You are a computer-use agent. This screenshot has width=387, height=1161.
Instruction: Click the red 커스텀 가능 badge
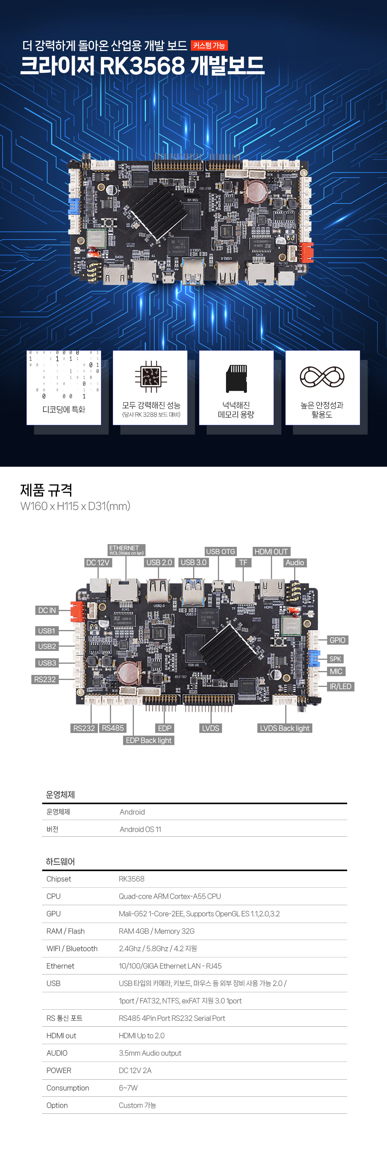209,46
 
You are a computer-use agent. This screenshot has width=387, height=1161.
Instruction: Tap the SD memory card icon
236,378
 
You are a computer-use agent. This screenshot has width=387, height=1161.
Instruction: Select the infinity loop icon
322,377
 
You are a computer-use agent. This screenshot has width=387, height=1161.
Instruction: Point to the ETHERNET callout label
126,550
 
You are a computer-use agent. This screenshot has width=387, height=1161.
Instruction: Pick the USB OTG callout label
220,551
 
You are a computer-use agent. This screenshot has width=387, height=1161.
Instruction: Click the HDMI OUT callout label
271,551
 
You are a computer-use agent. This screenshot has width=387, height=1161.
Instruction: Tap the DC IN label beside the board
47,610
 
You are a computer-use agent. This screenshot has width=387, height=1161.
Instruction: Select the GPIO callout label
337,640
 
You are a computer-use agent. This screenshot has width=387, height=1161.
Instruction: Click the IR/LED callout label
340,686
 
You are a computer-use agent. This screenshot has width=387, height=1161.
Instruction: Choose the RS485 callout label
113,728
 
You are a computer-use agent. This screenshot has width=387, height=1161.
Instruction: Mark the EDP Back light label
148,740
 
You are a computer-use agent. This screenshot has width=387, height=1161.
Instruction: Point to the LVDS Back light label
284,728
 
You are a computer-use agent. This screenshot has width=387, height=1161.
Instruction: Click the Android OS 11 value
140,829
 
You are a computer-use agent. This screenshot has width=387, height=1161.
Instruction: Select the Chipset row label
58,878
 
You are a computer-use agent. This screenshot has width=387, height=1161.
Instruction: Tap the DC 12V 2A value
135,1070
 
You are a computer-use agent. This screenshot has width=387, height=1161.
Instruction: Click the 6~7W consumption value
128,1087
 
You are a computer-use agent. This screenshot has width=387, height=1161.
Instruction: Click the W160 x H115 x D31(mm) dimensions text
75,506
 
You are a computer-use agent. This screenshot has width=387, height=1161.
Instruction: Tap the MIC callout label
336,671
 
